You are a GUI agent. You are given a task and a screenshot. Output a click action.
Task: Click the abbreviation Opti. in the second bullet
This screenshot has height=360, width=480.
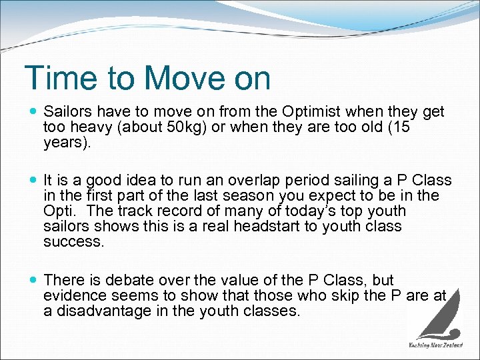[x=57, y=211]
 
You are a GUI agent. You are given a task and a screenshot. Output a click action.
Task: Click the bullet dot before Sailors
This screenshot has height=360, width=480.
[x=33, y=111]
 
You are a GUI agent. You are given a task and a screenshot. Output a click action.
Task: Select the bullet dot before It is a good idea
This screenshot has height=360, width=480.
[x=33, y=181]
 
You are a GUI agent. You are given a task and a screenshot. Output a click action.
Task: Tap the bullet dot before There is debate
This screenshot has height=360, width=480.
[x=33, y=280]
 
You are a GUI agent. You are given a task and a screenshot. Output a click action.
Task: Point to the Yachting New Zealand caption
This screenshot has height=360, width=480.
[x=436, y=345]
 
